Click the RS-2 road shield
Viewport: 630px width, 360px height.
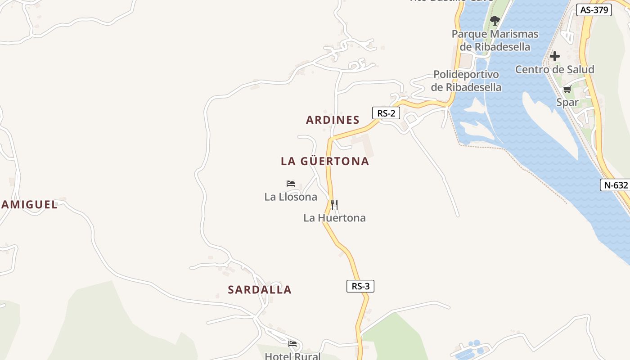tap(386, 113)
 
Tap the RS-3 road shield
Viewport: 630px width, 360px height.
tap(360, 286)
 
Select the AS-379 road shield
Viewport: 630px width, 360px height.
tap(594, 10)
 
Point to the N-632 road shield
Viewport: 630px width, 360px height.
tap(614, 184)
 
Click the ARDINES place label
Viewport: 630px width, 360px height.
tap(333, 120)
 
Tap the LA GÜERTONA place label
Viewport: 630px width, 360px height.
tap(325, 161)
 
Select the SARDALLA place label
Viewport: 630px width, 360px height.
tap(260, 290)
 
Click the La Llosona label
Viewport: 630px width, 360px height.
tap(291, 197)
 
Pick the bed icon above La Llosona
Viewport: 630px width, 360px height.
tap(291, 184)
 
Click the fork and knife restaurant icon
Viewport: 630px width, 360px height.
tap(334, 205)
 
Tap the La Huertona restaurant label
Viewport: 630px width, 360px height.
tap(334, 218)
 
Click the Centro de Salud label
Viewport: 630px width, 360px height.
tap(554, 69)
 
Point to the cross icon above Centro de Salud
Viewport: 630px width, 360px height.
tap(555, 56)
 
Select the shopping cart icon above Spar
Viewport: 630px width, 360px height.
tap(567, 89)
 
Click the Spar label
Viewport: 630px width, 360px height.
tap(567, 102)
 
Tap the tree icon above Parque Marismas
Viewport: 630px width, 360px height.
tap(495, 20)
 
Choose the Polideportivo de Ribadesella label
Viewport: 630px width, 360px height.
tap(466, 81)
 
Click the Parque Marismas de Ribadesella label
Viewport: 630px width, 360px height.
tap(495, 40)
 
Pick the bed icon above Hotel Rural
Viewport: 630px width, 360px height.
tap(292, 344)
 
